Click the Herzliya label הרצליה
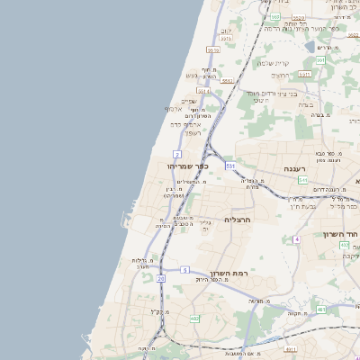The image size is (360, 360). (241, 219)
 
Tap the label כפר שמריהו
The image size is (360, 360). (187, 166)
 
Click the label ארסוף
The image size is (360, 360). (174, 110)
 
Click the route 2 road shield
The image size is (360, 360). (177, 155)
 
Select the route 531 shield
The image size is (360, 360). (230, 166)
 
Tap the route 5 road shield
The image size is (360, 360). (184, 269)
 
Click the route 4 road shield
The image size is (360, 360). (296, 238)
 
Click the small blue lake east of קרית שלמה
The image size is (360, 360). (310, 46)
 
